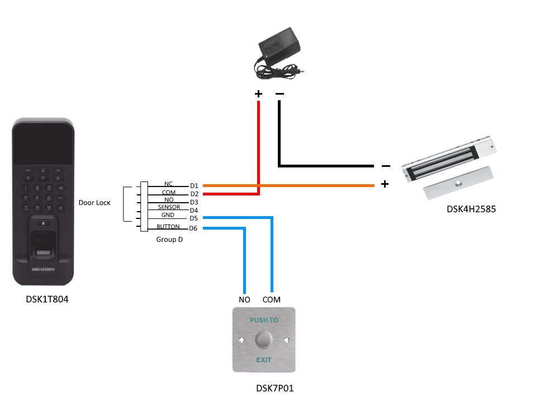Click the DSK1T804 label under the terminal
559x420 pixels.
[x=47, y=299]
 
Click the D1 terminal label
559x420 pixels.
[x=194, y=185]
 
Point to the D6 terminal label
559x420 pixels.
[x=193, y=228]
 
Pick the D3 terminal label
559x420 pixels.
[x=194, y=202]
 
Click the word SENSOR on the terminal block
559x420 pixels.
[x=168, y=207]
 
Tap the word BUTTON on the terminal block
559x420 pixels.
[x=168, y=227]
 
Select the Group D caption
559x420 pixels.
[x=169, y=239]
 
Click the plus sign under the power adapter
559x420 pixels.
[x=258, y=94]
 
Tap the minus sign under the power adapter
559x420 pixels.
[x=279, y=94]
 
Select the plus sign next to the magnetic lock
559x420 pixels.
[x=385, y=184]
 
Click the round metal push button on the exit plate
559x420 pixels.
[x=264, y=339]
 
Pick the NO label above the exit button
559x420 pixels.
[x=244, y=300]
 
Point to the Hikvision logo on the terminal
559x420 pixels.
[x=43, y=269]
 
